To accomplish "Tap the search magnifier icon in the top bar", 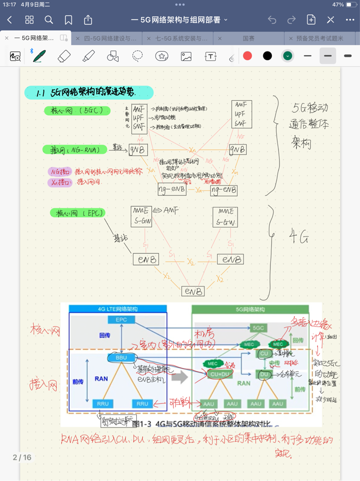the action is pos(49,20).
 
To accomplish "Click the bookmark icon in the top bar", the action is pos(68,20).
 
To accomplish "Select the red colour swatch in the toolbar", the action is pos(248,56).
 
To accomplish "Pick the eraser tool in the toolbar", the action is pos(64,56).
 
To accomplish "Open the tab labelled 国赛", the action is pos(249,38).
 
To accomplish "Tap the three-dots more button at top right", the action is pos(350,20).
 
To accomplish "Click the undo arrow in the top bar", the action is pos(272,20).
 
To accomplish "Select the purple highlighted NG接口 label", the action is pos(60,172).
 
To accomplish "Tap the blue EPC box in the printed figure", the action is pos(122,320).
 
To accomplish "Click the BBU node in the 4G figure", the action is pos(122,357).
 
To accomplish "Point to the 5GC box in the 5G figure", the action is pos(258,328).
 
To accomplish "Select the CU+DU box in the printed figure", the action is pos(220,374).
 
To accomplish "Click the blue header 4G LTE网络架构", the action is pos(117,309).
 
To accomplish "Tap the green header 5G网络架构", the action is pos(250,309).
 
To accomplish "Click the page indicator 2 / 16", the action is pos(22,457).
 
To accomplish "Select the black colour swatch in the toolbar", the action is pos(267,56).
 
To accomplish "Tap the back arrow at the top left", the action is pos(10,20).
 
